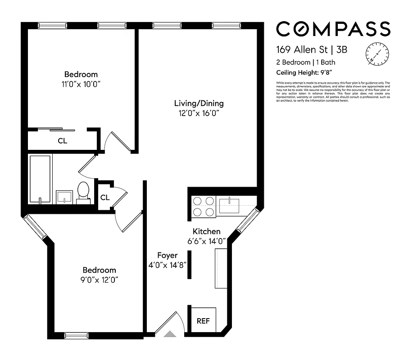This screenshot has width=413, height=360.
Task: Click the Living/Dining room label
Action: pos(199,103)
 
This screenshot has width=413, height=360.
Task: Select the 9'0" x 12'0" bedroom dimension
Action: pos(99,279)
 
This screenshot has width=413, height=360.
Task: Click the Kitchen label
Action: pos(206,231)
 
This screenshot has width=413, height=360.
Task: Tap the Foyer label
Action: pos(167,256)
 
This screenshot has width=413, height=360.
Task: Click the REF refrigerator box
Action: pos(203,321)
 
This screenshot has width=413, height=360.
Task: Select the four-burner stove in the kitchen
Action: pos(203,207)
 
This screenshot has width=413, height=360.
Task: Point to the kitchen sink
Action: pos(231,206)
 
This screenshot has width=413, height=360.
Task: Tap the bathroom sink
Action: pos(64,197)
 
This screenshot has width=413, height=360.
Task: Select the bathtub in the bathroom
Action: pos(41,179)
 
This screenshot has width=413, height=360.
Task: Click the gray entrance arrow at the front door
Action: pos(170,334)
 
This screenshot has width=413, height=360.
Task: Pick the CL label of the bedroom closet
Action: pos(62,141)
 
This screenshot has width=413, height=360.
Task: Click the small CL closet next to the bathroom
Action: pos(104,197)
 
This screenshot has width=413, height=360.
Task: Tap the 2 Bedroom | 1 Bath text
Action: pos(305,63)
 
